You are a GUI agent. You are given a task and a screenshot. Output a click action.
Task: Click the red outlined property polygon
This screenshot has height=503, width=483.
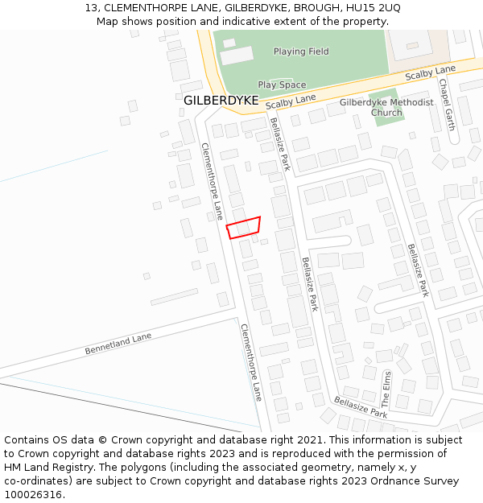pos(244,227)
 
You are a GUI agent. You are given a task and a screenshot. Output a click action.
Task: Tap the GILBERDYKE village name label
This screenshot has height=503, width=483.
pos(221,101)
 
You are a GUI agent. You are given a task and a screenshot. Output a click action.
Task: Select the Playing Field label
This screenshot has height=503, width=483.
pos(301,52)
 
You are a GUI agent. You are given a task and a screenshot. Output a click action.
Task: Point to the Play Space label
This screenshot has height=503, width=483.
pos(282,85)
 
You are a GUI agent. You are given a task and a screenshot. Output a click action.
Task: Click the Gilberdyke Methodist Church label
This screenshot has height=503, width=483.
pos(386,107)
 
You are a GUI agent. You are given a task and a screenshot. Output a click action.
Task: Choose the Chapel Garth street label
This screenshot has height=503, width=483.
pos(447,105)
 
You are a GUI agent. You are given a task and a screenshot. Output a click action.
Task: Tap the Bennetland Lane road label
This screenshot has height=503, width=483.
pos(118,344)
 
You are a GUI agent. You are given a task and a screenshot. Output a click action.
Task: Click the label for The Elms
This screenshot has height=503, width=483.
pos(386,386)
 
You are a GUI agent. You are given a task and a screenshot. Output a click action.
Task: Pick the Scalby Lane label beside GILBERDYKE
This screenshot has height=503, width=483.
pos(291,101)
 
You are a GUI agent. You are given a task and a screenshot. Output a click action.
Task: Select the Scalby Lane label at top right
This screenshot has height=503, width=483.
pos(430,74)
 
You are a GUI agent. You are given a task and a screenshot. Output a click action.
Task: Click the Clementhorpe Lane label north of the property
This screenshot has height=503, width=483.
pos(211,181)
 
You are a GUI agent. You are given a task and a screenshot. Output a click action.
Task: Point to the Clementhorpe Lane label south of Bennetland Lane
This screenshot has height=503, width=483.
pos(251,362)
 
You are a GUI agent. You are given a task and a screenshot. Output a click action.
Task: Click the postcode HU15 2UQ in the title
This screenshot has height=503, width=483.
pos(374,7)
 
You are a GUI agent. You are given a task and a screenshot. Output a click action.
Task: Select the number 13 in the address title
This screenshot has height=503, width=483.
pos(91,7)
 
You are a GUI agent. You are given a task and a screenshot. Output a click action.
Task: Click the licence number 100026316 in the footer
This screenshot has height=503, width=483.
pos(33,494)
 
